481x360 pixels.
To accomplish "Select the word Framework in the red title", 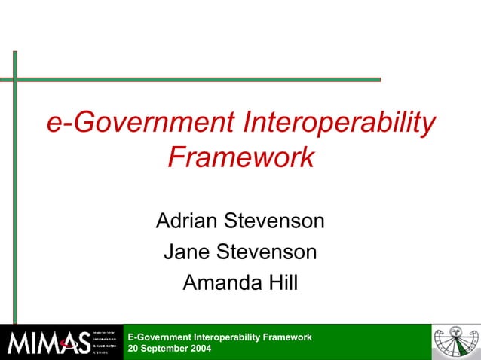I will pyautogui.click(x=240, y=157).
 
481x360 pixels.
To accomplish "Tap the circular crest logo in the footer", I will pyautogui.click(x=455, y=342).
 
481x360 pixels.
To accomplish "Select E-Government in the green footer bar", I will pyautogui.click(x=159, y=337).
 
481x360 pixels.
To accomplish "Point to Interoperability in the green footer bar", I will pyautogui.click(x=229, y=337).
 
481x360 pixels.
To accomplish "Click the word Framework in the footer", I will pyautogui.click(x=290, y=337).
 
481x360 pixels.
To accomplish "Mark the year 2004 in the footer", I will pyautogui.click(x=201, y=349).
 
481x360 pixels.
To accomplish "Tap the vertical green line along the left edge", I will pyautogui.click(x=14, y=188).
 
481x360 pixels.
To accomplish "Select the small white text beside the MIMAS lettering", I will pyautogui.click(x=104, y=343).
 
